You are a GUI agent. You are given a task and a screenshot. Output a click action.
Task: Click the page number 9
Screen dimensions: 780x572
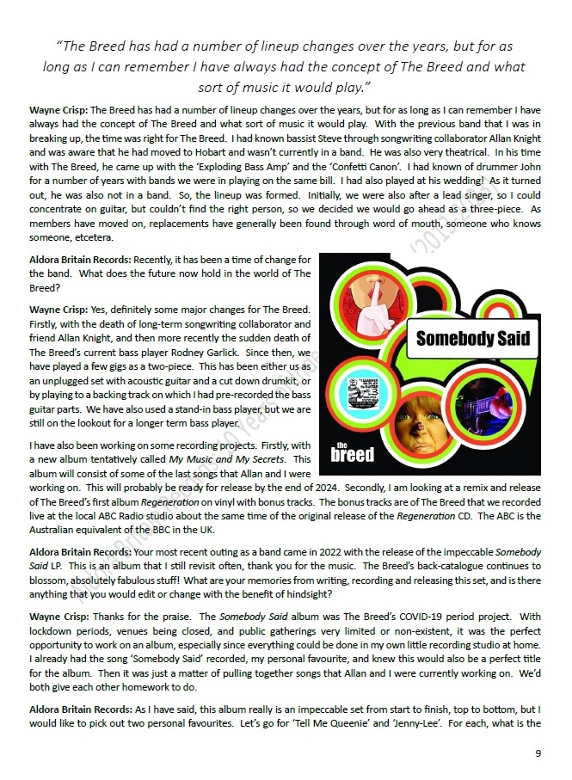[x=538, y=754]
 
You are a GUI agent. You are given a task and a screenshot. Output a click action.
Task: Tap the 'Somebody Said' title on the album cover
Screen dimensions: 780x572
[x=473, y=338]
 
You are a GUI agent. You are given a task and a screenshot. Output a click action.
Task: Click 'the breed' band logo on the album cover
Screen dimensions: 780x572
[x=353, y=450]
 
